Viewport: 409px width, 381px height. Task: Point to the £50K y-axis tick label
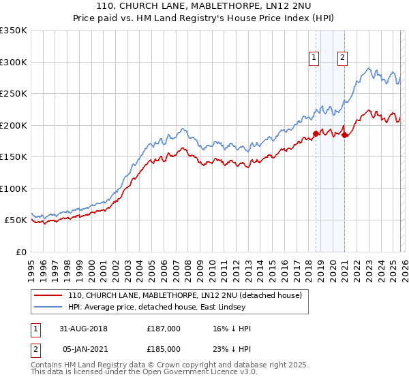[15, 220]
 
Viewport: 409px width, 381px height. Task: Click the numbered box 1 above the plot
[314, 58]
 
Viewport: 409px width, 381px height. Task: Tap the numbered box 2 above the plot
[342, 58]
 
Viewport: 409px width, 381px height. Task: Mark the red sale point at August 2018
[316, 133]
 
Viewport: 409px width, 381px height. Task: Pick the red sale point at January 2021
[344, 135]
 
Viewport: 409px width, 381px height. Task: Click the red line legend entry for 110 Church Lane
[189, 295]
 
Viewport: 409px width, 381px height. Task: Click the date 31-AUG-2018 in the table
[83, 329]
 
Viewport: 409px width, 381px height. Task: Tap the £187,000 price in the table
[164, 329]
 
